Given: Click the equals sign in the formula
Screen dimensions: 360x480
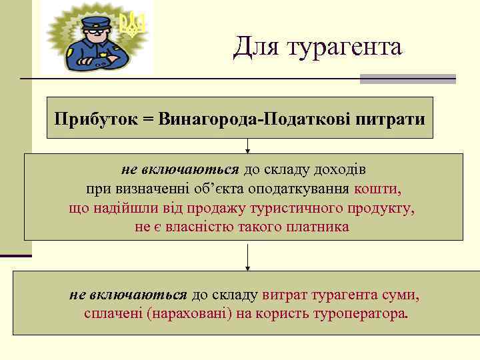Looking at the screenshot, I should [147, 120].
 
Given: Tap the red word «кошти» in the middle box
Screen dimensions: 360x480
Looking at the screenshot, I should [377, 189].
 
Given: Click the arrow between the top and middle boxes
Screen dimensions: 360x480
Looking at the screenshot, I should [248, 146].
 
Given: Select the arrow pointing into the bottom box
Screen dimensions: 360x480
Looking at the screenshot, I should [248, 257].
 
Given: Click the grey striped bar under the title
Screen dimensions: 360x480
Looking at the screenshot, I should [407, 79].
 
